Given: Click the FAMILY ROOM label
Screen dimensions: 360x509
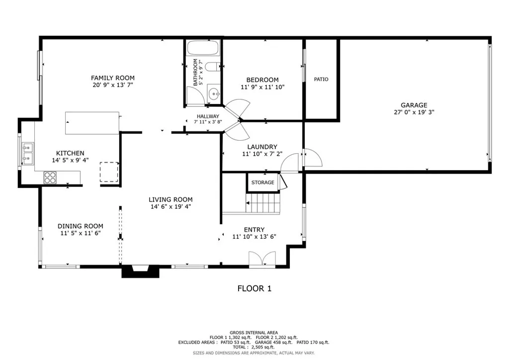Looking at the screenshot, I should coord(112,78).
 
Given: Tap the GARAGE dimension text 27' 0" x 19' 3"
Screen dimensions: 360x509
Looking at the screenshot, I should coord(414,112).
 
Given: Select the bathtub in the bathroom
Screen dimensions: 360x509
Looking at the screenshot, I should coord(202,49).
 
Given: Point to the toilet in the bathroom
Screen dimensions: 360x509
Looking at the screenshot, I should coord(212,67).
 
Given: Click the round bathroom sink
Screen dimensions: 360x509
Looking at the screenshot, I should coord(213,93).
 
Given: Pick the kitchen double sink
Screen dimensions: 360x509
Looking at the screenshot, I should coord(27,153).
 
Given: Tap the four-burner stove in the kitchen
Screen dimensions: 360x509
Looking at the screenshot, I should coord(50,178).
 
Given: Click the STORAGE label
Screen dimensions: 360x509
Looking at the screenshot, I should coord(262,182).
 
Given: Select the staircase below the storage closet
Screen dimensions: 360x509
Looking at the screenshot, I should coord(263,203).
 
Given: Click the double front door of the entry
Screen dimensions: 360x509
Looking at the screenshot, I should coord(262,260).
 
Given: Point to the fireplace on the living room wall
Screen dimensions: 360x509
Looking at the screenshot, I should coord(141,271).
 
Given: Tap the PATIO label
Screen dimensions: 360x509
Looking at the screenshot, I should coord(321,80).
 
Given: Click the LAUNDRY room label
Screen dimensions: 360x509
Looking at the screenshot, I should coord(262,147).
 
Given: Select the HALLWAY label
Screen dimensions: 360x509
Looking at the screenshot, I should coord(204,116).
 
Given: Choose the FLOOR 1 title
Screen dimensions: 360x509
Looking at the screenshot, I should coord(254,288).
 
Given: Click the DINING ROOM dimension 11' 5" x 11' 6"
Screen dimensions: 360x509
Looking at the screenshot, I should coord(81,233).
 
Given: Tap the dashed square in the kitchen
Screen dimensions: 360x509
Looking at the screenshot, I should coord(109,173).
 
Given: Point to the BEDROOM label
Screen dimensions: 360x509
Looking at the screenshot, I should coord(262,80).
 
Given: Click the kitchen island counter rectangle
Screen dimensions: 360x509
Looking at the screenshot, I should coord(92,123).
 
